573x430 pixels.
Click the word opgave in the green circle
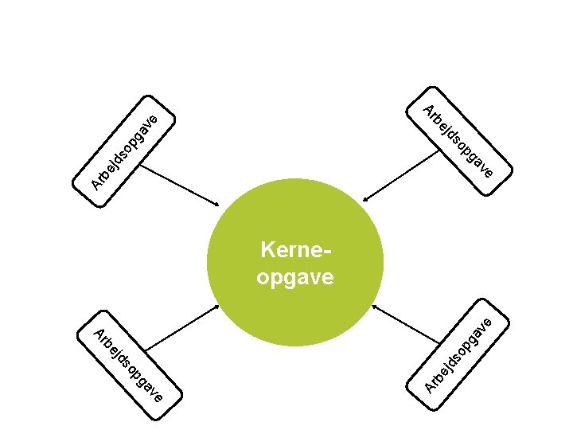point(295,277)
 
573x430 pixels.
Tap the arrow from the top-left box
point(180,188)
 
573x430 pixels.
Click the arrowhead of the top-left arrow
point(216,206)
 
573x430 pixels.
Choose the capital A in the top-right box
point(428,110)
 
